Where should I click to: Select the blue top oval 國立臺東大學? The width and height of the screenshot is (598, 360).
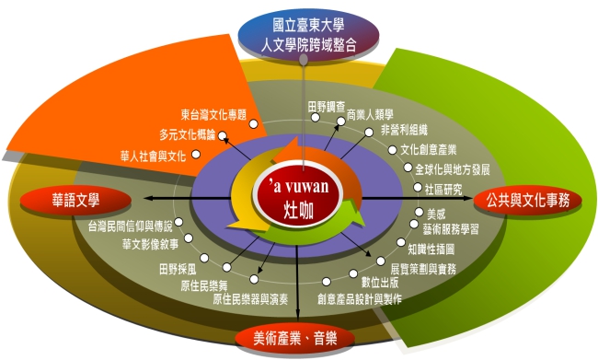coord(308,35)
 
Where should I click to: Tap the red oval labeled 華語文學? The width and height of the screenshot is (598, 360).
coord(75,201)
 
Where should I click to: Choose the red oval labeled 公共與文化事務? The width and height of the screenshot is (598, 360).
coord(528,201)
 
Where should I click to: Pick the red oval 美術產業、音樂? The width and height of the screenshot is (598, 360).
coord(294,338)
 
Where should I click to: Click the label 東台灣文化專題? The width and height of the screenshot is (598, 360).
coord(214,114)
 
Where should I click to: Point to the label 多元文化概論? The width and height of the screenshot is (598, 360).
coord(188,134)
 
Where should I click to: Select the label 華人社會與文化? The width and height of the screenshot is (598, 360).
coord(154,156)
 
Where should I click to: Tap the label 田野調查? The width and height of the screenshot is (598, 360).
coord(327,107)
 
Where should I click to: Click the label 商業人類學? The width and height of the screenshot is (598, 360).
coord(370,114)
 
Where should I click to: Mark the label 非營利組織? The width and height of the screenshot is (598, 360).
coord(404,130)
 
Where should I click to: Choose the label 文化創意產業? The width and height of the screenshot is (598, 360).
coord(429,150)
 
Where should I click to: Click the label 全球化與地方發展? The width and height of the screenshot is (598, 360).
coord(453,169)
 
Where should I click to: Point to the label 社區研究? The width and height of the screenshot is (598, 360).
coord(443,190)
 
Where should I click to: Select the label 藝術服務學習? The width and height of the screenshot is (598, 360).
coord(451,229)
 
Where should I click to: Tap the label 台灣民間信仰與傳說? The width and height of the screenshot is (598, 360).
coord(131,226)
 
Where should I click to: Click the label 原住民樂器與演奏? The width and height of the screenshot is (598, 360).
coord(250,299)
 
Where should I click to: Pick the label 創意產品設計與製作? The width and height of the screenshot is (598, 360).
coord(360,299)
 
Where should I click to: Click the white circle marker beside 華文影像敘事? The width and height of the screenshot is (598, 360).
coord(189,238)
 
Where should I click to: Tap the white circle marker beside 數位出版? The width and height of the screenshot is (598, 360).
coord(353,273)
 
